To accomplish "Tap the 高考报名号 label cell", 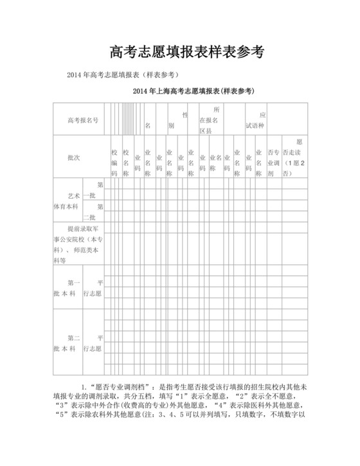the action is (83, 120).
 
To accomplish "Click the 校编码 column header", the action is (114, 163).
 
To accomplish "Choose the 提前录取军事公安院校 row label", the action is (76, 244).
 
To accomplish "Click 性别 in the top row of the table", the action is (178, 120).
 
